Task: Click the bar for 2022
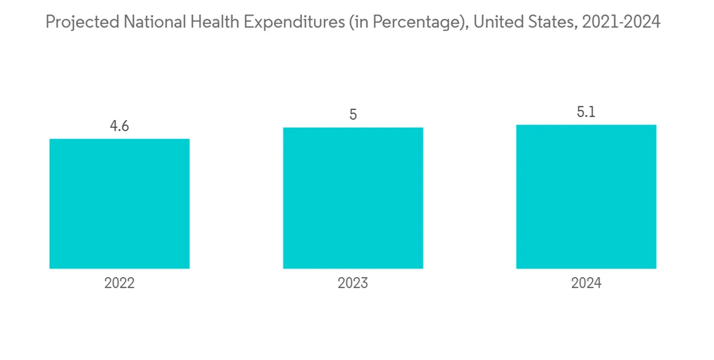[x=119, y=204]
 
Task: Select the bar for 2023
[x=353, y=198]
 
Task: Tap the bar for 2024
[x=586, y=196]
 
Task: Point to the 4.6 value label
[x=119, y=126]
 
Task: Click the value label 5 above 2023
[x=353, y=115]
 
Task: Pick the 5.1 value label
[x=586, y=112]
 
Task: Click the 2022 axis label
[x=119, y=284]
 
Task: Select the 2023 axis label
[x=353, y=284]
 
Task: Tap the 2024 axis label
[x=586, y=284]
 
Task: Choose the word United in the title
[x=496, y=23]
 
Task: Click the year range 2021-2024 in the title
[x=621, y=23]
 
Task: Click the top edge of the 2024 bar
[x=586, y=126]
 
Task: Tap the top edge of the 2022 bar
[x=119, y=139]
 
